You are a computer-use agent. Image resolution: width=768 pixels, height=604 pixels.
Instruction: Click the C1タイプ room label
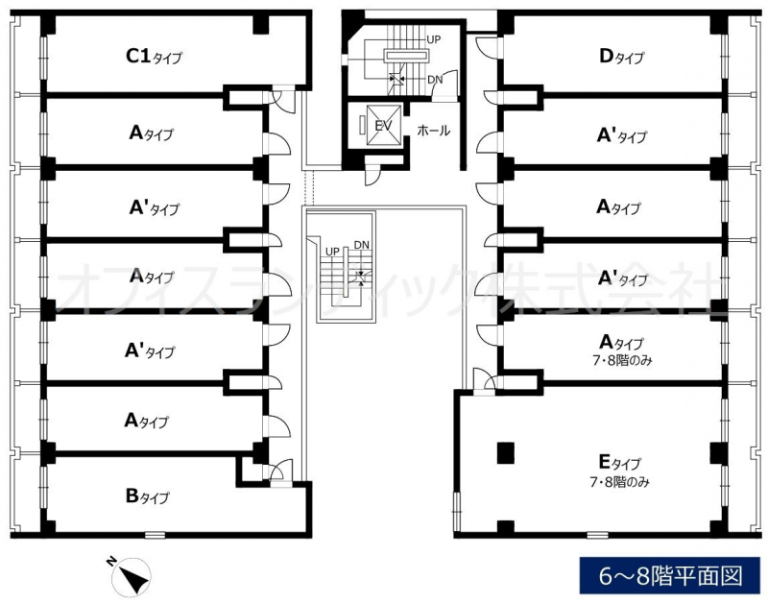tap(154, 57)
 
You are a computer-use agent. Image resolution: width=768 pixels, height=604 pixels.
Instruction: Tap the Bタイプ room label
tap(147, 496)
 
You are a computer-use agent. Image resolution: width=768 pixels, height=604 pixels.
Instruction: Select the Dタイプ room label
tap(621, 57)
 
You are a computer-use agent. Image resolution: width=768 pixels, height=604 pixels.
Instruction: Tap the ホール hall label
tap(433, 131)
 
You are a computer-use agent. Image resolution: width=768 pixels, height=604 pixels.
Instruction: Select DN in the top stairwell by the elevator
tap(434, 79)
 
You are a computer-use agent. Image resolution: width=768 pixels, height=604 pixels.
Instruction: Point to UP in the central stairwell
tap(332, 251)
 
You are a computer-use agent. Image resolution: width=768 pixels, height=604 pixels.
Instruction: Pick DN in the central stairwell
tap(361, 245)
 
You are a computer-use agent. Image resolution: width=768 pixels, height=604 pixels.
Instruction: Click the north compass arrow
tap(132, 577)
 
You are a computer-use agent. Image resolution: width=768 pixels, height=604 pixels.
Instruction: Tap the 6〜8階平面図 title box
tap(671, 576)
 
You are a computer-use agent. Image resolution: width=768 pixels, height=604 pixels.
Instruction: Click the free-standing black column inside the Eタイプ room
tap(505, 451)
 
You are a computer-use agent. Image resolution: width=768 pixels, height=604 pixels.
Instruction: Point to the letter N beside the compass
tap(111, 562)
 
